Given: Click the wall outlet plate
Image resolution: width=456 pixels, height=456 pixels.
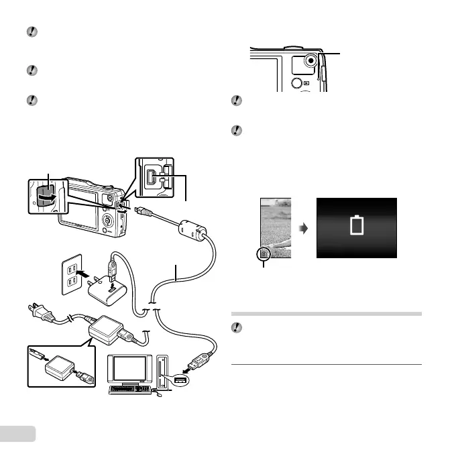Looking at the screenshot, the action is [71, 274].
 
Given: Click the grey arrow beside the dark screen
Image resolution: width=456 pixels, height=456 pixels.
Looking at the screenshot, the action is [303, 229].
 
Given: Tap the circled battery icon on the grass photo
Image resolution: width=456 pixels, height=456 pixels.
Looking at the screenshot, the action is [264, 253].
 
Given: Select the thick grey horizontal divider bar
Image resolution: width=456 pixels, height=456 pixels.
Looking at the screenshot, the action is [327, 313].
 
